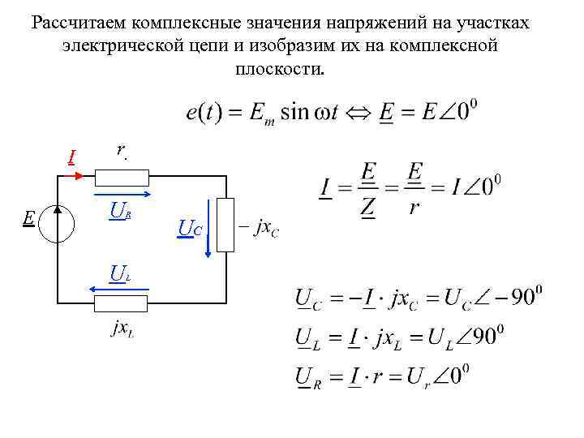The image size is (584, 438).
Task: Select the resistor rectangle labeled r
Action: (x=122, y=178)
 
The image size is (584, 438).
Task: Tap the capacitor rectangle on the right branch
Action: (x=225, y=228)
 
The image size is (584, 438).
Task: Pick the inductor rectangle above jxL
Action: (x=122, y=304)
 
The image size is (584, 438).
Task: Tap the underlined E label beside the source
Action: (x=28, y=217)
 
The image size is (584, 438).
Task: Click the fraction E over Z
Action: (x=369, y=190)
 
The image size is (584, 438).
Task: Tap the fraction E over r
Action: (x=414, y=190)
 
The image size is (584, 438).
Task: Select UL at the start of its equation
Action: (x=307, y=338)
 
